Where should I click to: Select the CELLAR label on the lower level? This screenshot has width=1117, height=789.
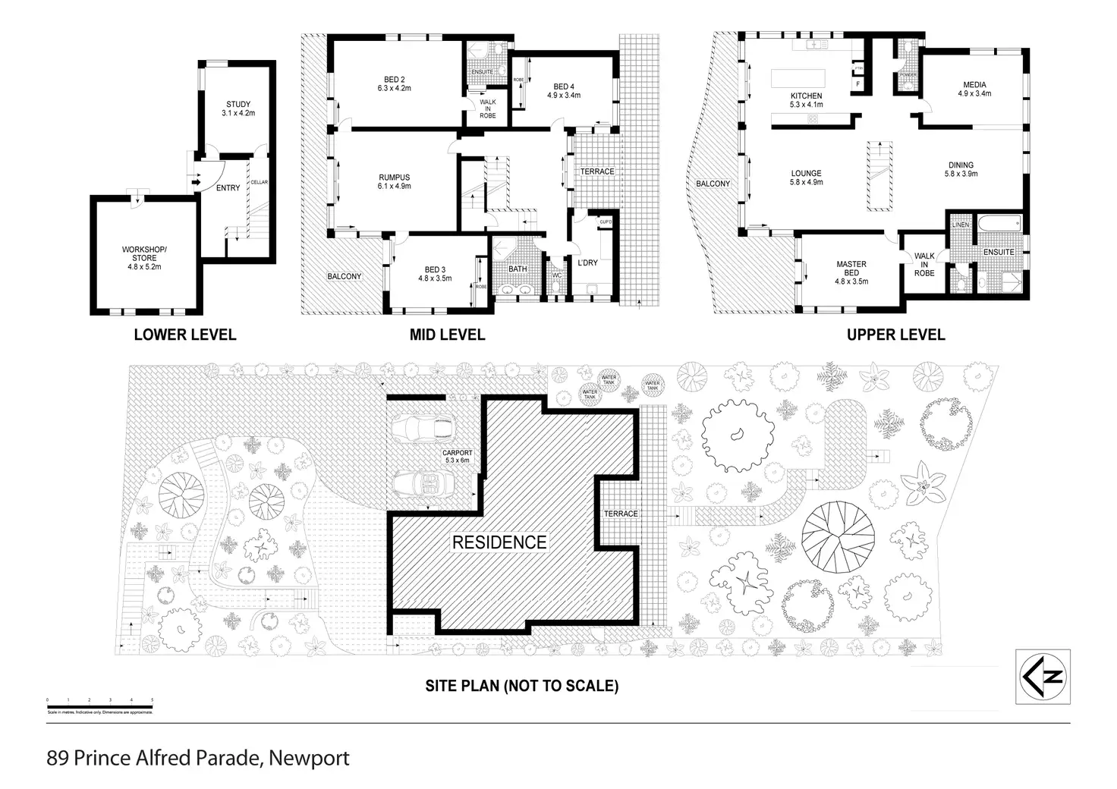pos(260,182)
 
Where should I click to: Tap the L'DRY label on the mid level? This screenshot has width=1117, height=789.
pos(588,263)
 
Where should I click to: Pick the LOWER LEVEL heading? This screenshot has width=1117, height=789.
pos(185,335)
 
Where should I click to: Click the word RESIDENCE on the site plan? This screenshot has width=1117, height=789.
pos(499,542)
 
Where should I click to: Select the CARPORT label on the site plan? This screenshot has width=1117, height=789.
pos(458,454)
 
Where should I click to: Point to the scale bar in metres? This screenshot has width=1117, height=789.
pos(99,706)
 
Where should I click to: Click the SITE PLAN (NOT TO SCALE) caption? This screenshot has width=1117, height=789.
pos(521,687)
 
